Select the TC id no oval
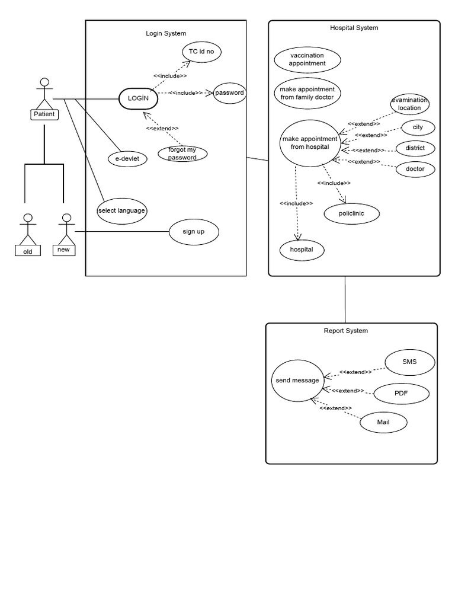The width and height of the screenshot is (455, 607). [201, 52]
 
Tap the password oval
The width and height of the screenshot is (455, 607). [229, 92]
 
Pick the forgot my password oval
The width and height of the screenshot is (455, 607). [182, 154]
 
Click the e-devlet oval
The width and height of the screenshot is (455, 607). [127, 158]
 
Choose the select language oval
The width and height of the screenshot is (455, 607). [121, 210]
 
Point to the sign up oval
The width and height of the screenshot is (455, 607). [194, 231]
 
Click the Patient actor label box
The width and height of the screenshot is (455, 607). [44, 114]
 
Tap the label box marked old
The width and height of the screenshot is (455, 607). [28, 251]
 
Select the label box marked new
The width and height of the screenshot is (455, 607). [63, 250]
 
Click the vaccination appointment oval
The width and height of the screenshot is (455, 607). [307, 59]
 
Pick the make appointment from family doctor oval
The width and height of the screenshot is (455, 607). [307, 93]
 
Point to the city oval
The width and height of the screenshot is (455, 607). [418, 127]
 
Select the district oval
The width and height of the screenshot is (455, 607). [415, 148]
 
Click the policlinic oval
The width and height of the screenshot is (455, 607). [352, 213]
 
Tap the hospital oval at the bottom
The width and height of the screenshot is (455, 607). [302, 250]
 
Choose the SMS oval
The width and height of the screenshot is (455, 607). [409, 362]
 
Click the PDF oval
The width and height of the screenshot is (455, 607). [402, 393]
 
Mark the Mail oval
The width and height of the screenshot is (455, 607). [383, 423]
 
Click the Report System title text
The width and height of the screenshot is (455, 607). [345, 331]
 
